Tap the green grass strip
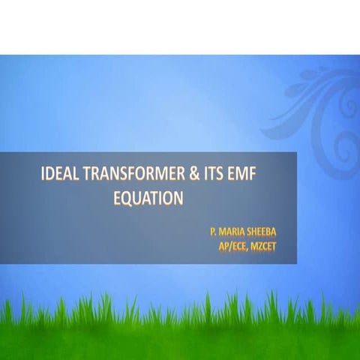point(180,330)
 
